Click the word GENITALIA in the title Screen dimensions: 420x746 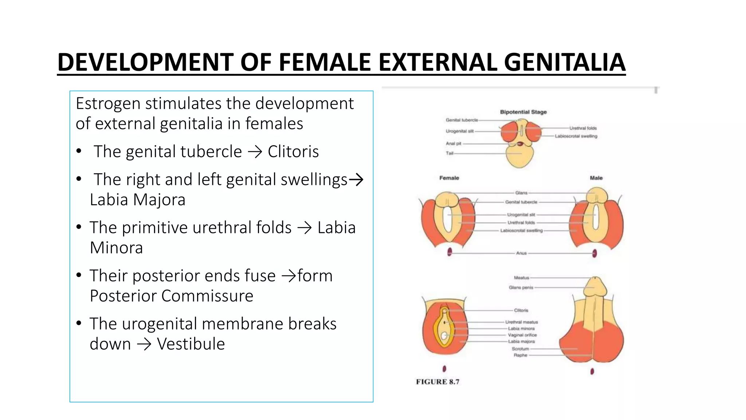click(564, 62)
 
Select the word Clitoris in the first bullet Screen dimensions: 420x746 click(293, 152)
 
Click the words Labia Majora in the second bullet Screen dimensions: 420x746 click(137, 200)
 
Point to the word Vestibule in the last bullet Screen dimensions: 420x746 click(191, 344)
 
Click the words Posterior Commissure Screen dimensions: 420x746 click(171, 296)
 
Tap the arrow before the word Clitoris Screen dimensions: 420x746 click(255, 152)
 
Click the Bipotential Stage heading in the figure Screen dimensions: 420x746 click(523, 112)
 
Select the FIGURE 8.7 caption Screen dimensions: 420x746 click(437, 382)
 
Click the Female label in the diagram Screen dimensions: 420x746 click(449, 178)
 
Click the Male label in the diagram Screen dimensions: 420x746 click(596, 178)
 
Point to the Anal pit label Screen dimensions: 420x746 click(453, 144)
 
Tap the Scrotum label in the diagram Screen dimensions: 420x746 click(520, 349)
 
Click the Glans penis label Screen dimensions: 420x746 click(521, 288)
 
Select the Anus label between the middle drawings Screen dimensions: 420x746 click(521, 253)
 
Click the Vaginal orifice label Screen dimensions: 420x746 click(522, 335)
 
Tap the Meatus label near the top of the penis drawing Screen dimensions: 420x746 click(521, 278)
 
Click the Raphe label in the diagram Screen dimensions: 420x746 click(520, 355)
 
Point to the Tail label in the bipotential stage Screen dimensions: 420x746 click(449, 153)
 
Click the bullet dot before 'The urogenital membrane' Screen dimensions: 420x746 click(79, 323)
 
